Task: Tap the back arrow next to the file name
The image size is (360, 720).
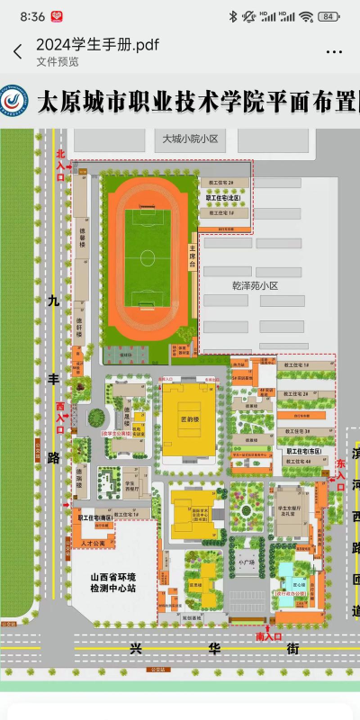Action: (x=17, y=52)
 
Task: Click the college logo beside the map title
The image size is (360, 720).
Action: (x=13, y=101)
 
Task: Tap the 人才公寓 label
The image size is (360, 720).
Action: (x=93, y=531)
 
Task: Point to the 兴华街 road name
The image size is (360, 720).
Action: (x=162, y=648)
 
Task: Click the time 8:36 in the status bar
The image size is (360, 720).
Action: (x=31, y=16)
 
